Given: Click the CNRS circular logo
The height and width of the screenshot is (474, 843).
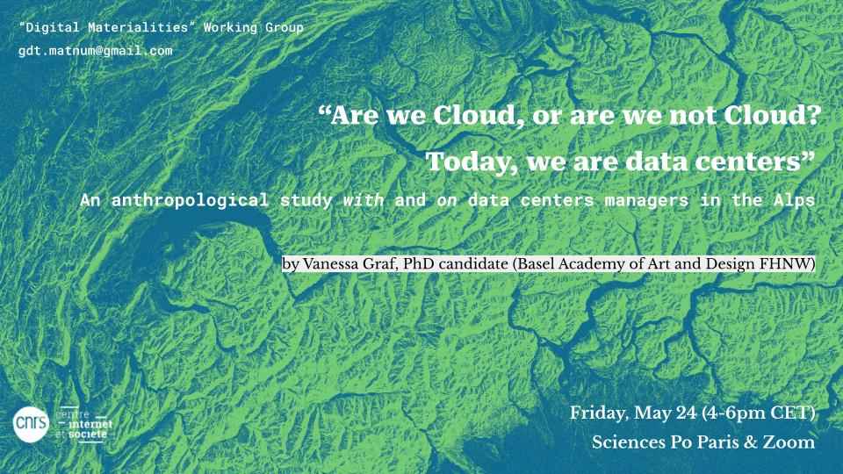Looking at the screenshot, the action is [31, 425].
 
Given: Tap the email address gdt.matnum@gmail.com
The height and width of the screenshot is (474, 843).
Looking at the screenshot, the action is [96, 51].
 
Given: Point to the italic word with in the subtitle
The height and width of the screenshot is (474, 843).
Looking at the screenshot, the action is [364, 200].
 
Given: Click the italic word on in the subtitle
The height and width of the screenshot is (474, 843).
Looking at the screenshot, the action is [447, 201].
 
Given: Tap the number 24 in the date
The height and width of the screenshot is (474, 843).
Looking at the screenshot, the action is [686, 413].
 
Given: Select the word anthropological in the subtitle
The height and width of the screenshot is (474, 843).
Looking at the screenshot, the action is [190, 201].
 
